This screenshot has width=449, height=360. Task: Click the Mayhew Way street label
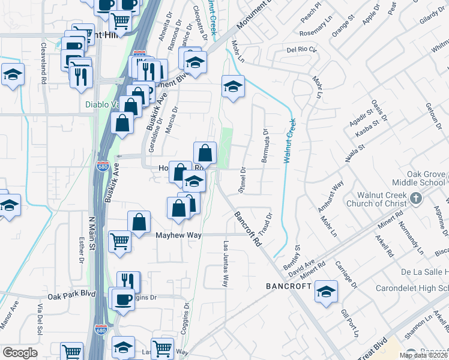pos(178,235)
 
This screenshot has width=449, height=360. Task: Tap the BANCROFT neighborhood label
pos(289,287)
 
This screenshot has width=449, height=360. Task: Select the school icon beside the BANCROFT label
pos(326,292)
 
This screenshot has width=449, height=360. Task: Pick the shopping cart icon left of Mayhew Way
pos(120,242)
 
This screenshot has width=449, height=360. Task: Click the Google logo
pos(20,353)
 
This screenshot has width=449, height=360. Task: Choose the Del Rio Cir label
pos(300,50)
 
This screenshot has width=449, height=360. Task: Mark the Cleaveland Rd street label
pos(44,62)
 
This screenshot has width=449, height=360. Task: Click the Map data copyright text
pos(422,355)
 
